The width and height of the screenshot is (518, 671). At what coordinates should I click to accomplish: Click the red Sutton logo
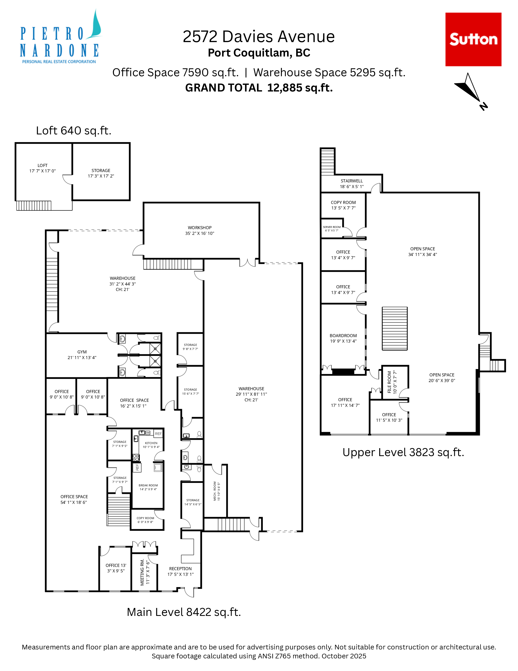[473, 39]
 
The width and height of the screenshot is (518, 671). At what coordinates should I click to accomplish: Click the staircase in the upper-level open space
[395, 328]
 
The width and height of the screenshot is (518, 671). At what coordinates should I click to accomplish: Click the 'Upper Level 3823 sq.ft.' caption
[403, 452]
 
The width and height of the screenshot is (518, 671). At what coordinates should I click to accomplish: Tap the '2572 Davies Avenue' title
[258, 37]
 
